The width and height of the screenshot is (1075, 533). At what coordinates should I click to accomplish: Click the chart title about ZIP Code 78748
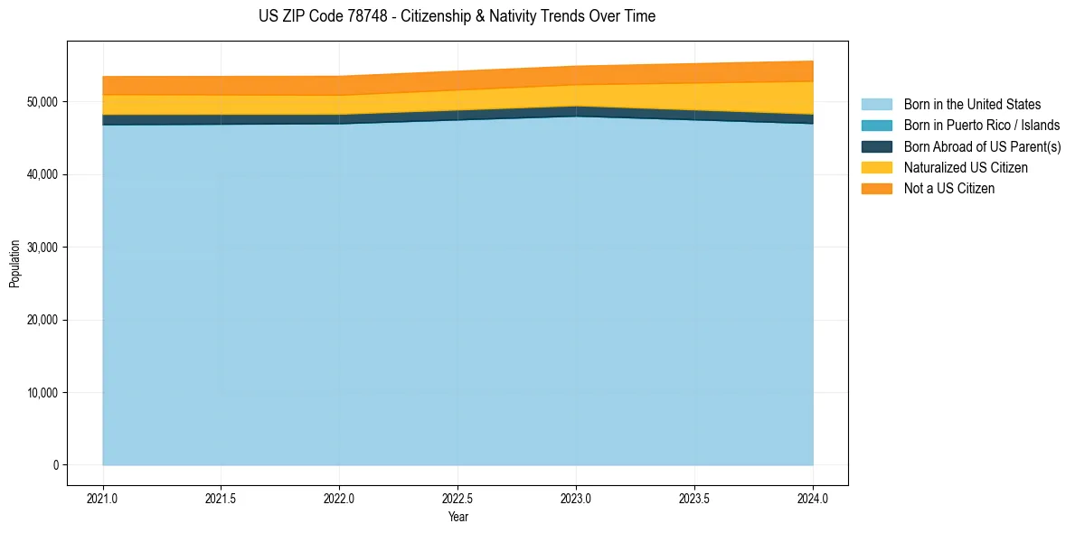[x=457, y=16]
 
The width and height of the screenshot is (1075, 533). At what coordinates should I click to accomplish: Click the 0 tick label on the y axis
[x=54, y=465]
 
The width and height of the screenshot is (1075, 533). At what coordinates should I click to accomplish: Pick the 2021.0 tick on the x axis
[x=103, y=498]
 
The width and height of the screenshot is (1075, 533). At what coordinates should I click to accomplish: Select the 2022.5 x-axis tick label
[x=458, y=498]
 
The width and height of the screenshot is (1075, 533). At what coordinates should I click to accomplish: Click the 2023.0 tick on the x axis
[x=577, y=498]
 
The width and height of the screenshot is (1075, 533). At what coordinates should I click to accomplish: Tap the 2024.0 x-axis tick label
[x=814, y=498]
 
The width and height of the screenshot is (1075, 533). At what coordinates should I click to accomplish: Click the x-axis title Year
[x=458, y=518]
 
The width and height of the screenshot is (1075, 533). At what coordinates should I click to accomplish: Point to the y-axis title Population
[x=14, y=264]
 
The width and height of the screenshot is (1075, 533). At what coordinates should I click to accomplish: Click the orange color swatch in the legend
[x=876, y=188]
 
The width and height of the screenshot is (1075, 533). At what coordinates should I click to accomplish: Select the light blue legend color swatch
[x=876, y=105]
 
